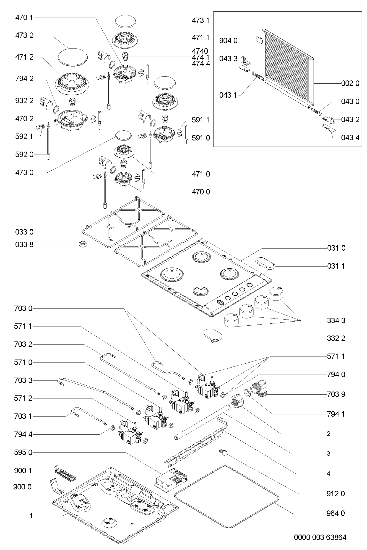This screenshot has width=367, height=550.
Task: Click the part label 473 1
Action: coord(200,21)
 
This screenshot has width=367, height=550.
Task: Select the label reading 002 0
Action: coord(350,83)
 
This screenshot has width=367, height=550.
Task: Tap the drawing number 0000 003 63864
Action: coord(320,538)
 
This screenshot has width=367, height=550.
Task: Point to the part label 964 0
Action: coord(336,513)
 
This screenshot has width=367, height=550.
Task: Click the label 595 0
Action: coord(23,453)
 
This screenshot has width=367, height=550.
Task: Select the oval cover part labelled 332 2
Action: coord(212,335)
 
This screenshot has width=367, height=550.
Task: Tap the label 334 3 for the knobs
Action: coord(336,321)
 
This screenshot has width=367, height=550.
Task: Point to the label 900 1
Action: coord(23,471)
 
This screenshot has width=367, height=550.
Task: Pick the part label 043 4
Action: coord(350,137)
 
